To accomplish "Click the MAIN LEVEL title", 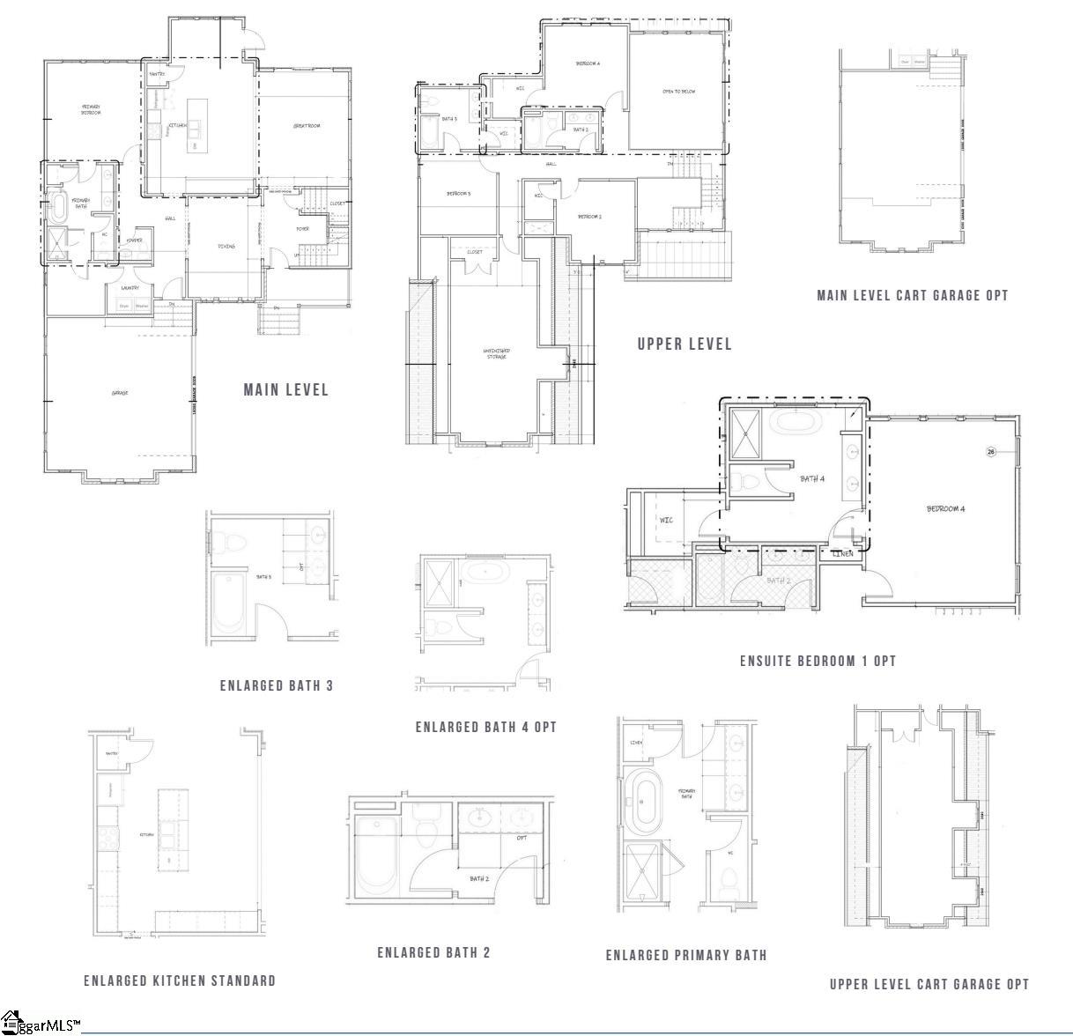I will [285, 389].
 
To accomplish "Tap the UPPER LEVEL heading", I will [684, 344].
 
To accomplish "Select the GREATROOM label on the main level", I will [306, 126].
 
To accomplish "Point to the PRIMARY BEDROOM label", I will [92, 109].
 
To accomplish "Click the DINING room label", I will [226, 246].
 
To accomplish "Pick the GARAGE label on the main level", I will [120, 392].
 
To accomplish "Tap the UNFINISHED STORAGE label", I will [496, 353].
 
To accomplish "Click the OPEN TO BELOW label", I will [678, 92].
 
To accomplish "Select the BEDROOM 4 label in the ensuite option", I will [945, 508].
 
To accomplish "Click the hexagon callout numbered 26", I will [990, 452].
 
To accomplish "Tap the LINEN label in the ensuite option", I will [843, 553].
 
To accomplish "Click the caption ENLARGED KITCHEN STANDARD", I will [180, 980].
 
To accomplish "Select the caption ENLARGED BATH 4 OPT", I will [486, 727].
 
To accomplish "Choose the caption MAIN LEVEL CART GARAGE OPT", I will [912, 295].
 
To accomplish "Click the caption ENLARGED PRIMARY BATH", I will [686, 955].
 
